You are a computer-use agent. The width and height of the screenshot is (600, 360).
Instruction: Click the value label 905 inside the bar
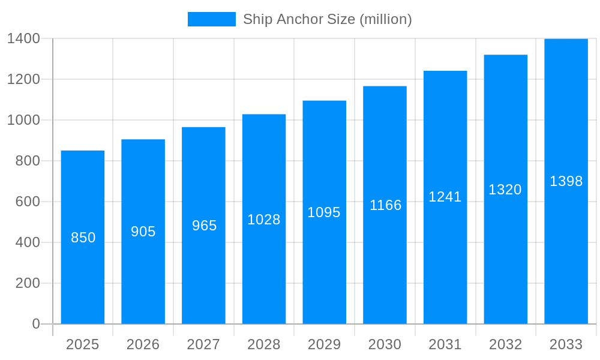(143, 232)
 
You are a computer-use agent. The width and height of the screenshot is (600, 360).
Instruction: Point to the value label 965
(204, 226)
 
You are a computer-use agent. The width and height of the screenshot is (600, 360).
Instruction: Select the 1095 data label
(324, 212)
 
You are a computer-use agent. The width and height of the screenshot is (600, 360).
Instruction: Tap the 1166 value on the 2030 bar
(385, 205)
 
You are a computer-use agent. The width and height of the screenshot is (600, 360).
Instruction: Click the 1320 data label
(505, 190)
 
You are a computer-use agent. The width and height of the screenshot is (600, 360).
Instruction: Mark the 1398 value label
(566, 181)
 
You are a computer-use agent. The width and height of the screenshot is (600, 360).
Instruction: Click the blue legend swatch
(212, 19)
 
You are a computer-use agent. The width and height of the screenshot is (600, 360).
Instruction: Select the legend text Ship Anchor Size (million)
(327, 19)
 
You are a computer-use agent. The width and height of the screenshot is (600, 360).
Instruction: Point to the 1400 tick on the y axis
(23, 38)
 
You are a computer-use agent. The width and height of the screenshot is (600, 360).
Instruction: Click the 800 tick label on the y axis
(28, 161)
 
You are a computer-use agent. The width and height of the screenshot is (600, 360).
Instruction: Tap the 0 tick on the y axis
(35, 324)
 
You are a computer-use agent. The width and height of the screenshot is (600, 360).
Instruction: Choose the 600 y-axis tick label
(28, 202)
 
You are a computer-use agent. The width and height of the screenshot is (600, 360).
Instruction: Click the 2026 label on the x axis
(143, 344)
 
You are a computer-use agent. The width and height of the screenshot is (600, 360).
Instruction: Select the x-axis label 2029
(324, 344)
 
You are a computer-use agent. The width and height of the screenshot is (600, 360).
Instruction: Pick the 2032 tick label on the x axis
(505, 344)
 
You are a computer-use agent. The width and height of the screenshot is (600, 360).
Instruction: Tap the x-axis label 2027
(204, 344)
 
